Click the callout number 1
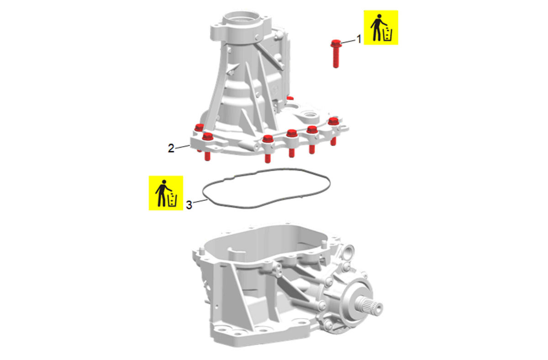(359, 39)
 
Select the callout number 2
(171, 148)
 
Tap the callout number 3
(189, 205)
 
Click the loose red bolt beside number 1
(336, 53)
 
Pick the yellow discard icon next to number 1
(381, 27)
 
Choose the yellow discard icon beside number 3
(166, 193)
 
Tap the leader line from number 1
(348, 42)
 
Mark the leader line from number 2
(183, 147)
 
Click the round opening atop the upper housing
(241, 18)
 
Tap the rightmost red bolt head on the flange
(333, 121)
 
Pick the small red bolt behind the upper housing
(290, 98)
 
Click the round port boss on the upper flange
(310, 114)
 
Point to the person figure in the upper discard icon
(378, 27)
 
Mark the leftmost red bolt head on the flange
(199, 127)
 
